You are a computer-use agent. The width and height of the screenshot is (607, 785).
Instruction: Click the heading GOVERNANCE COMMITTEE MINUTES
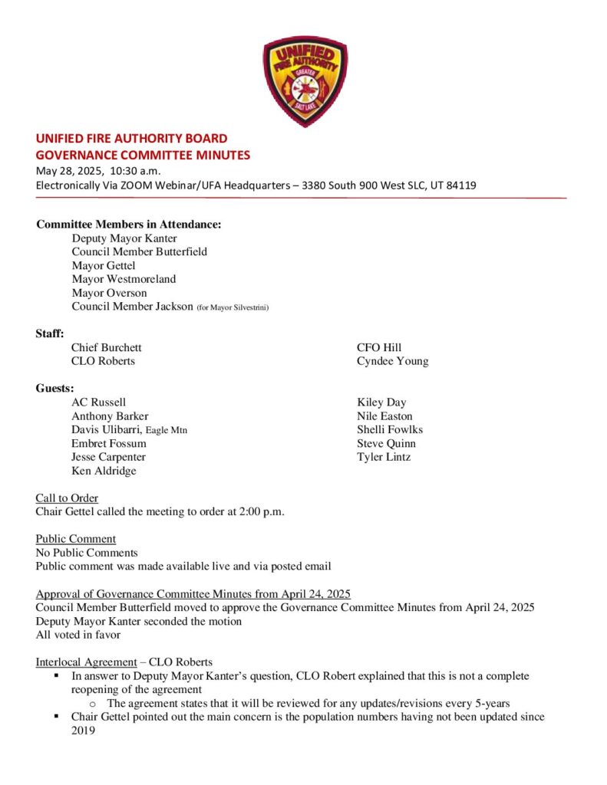pos(143,155)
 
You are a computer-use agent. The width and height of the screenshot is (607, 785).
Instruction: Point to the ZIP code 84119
pos(461,186)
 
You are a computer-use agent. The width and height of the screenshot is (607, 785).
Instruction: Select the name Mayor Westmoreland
pos(124,279)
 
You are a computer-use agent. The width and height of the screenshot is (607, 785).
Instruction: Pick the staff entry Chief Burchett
pos(107,347)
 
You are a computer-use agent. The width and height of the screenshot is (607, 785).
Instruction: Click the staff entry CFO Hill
pos(379,347)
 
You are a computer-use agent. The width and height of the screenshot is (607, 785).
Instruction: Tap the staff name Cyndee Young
pos(392,361)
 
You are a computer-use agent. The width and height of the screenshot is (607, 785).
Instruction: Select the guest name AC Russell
pos(99,402)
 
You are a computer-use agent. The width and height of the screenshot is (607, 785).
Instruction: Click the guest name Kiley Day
pos(381,402)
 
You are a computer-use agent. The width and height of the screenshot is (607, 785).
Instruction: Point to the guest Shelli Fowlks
pos(390,429)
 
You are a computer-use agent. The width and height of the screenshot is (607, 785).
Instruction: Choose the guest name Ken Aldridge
pos(104,471)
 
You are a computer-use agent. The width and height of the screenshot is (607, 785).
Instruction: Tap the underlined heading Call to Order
pos(67,498)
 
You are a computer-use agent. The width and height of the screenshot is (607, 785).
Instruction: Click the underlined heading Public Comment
pos(76,539)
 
